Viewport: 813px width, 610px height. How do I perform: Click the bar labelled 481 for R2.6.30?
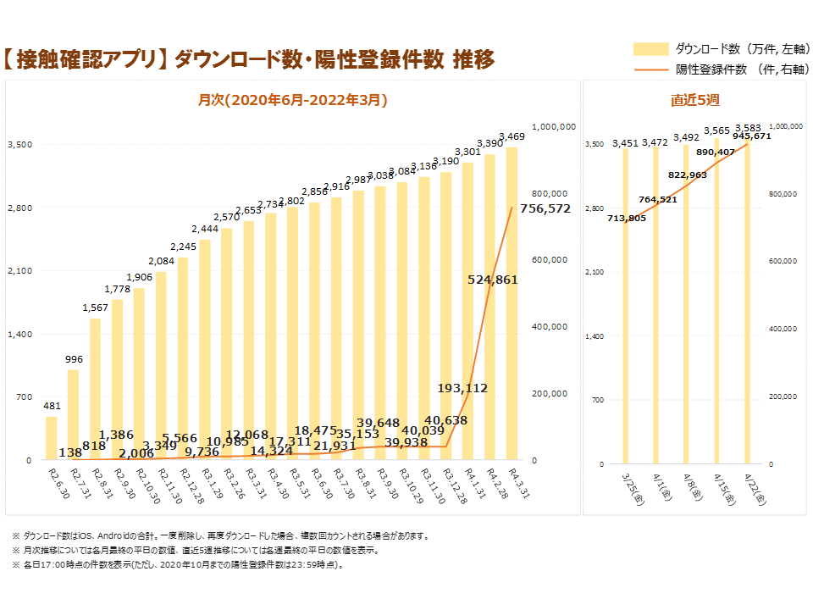tap(52, 438)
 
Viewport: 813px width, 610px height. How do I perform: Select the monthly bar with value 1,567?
tap(96, 390)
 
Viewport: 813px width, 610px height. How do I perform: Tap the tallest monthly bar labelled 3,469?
tap(512, 305)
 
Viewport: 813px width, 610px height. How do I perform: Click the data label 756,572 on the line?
tap(545, 208)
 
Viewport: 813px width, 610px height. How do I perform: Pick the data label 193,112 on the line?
tap(462, 388)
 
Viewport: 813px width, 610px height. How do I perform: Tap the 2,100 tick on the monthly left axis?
tap(19, 271)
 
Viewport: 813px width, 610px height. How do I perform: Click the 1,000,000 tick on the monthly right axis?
tap(552, 126)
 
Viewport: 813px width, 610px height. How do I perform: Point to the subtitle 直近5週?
tap(694, 100)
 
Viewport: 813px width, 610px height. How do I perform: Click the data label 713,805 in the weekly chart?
tap(627, 218)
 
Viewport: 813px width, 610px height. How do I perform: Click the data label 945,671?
tap(752, 136)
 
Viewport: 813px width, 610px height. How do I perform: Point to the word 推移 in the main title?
tap(473, 58)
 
